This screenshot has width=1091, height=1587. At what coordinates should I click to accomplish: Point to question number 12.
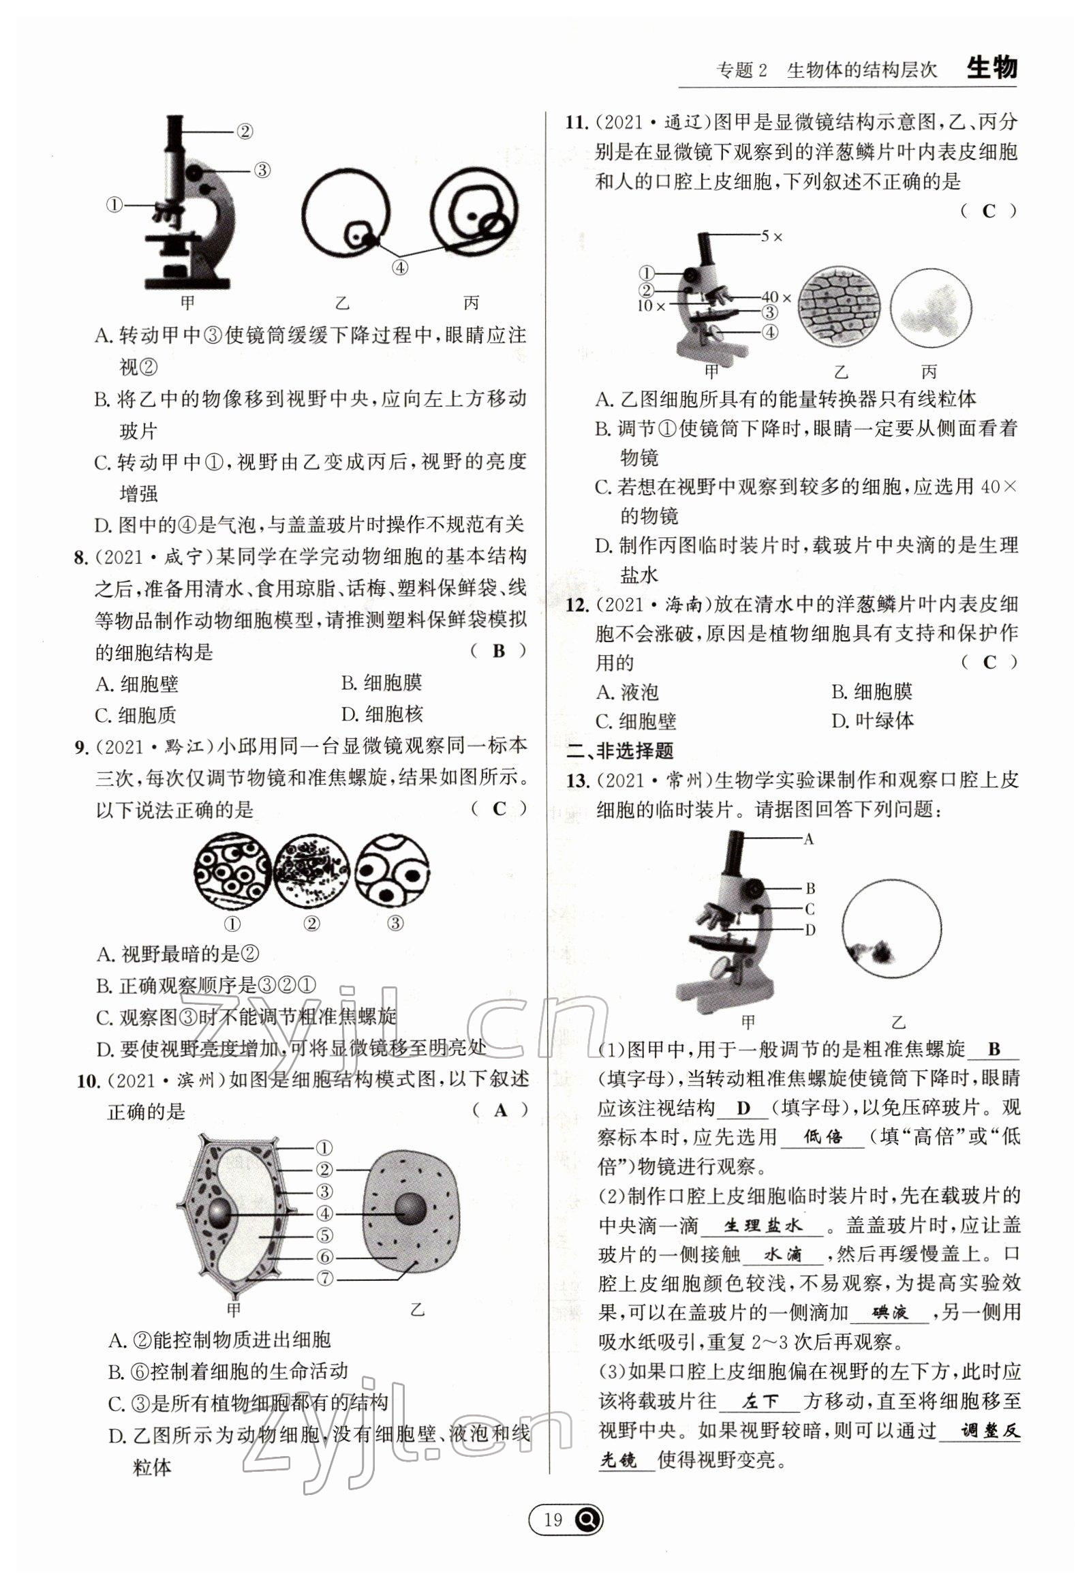point(577,605)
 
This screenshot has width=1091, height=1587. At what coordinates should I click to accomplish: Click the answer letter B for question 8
point(498,650)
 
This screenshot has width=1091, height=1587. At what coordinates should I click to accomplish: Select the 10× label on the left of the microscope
point(651,305)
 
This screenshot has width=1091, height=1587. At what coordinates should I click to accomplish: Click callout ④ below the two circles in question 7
point(400,267)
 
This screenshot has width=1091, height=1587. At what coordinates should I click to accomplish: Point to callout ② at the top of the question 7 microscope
point(244,132)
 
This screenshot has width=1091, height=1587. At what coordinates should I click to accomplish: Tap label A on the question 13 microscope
point(809,839)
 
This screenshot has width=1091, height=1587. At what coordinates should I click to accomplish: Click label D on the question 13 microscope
point(810,929)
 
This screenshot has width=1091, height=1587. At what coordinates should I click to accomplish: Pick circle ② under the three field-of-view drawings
point(311,924)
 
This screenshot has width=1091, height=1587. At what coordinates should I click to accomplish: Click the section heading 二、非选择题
point(621,750)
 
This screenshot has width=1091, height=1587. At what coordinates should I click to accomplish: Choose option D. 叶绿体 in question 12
point(872,720)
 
